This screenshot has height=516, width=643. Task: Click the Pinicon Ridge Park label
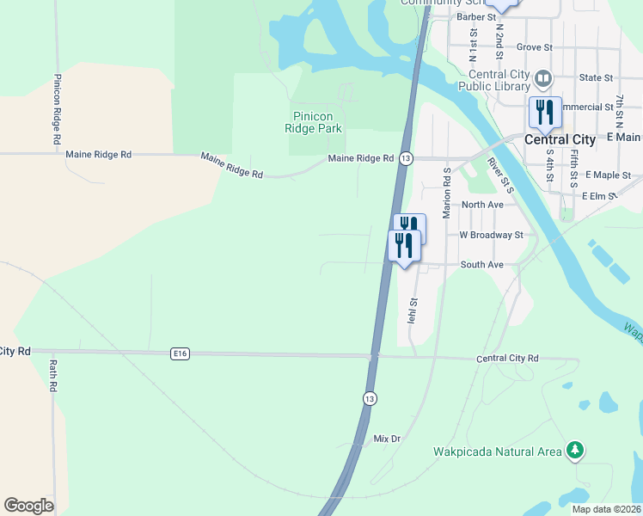313,122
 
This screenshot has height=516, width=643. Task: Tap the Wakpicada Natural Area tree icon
575,450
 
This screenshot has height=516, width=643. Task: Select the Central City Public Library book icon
542,80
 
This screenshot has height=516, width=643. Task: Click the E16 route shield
180,353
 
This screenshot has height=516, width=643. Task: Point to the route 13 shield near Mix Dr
369,398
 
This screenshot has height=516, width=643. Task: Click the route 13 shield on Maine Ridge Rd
407,159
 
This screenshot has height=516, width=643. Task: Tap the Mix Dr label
387,439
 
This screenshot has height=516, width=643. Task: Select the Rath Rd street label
52,376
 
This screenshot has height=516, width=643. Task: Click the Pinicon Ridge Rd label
57,109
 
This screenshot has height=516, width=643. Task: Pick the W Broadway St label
491,235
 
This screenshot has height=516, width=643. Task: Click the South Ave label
481,265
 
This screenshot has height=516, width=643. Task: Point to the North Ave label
482,205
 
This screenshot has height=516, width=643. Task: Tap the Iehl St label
413,310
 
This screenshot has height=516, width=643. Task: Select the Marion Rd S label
447,193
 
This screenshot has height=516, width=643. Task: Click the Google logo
28,506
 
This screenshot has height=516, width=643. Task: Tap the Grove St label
534,47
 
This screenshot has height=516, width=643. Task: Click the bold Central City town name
560,139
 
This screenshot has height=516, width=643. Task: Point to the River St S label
499,175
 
